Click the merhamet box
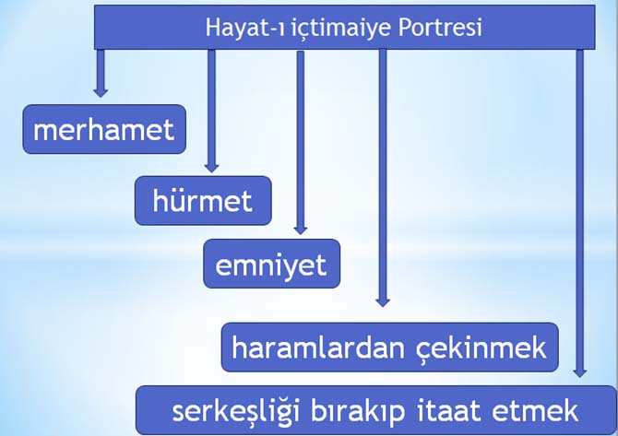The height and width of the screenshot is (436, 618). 103,129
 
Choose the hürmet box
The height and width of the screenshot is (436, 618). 203,200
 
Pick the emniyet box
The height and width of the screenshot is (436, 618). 271,265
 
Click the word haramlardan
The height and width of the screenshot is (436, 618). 310,348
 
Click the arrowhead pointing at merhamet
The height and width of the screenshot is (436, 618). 101,90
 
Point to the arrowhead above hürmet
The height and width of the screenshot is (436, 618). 211,166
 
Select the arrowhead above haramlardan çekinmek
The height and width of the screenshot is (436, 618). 383,300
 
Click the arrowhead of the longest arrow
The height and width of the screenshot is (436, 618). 579,371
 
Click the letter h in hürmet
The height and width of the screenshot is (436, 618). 161,200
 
